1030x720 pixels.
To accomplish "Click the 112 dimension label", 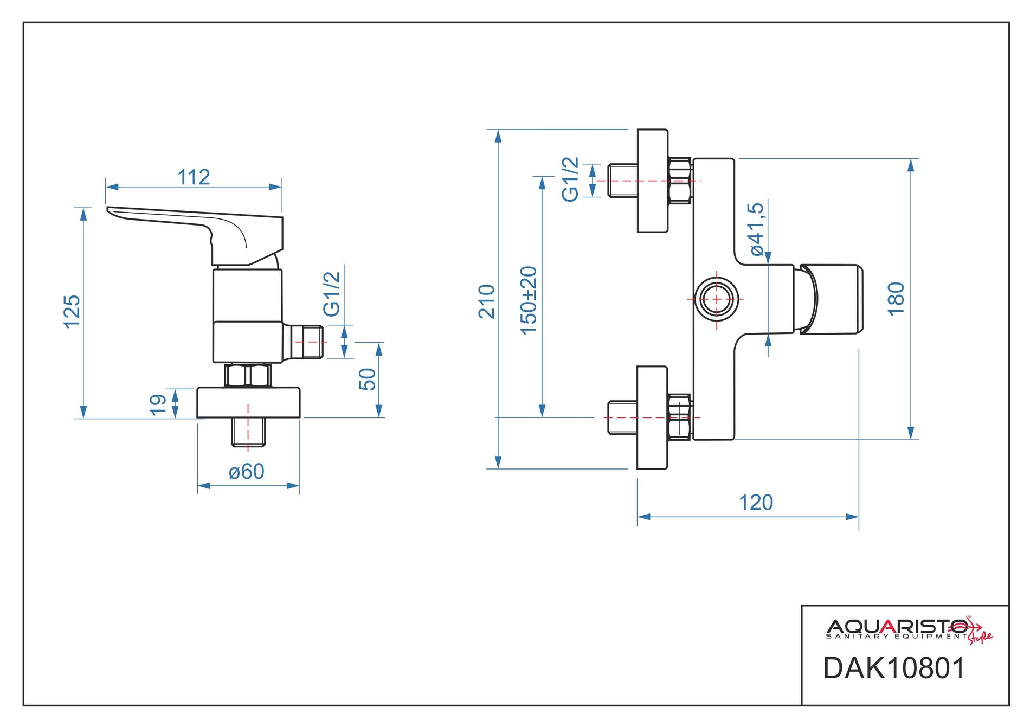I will coord(194,177).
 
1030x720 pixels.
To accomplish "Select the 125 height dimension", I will coord(72,312).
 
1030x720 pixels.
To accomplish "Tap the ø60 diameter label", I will coord(247,472).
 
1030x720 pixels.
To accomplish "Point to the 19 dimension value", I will coord(158,404).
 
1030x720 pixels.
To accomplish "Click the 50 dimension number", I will coord(368,379).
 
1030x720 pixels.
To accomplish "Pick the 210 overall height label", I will coord(487,301).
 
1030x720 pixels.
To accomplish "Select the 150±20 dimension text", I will coord(529,300).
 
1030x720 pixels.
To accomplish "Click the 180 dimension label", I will coord(896,299).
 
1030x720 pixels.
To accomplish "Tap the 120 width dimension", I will coord(756,503).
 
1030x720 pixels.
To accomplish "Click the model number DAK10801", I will coord(894,668).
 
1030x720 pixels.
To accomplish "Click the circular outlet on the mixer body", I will coord(717,299).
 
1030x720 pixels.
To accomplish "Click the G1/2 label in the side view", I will coord(332,294).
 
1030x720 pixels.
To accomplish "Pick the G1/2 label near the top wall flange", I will coord(570,179).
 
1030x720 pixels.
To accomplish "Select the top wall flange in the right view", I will coord(652,181).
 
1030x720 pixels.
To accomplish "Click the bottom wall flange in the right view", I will coord(652,417).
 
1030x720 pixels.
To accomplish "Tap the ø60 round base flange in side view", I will coord(248,402).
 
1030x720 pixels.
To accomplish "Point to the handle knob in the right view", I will coord(829,299).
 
